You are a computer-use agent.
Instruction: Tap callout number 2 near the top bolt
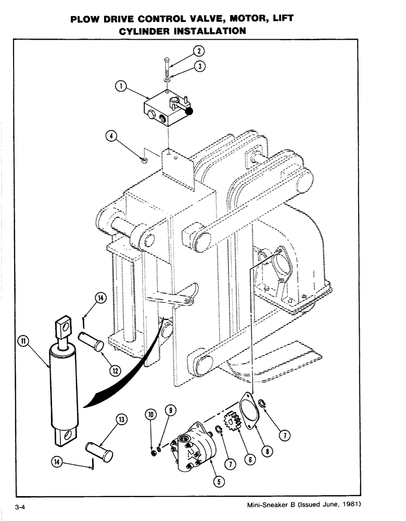pos(198,51)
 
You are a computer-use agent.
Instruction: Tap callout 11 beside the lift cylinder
pos(23,341)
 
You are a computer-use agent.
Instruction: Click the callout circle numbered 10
pos(151,415)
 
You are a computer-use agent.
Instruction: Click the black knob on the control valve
pos(189,110)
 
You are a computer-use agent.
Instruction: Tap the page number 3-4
pos(21,507)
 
